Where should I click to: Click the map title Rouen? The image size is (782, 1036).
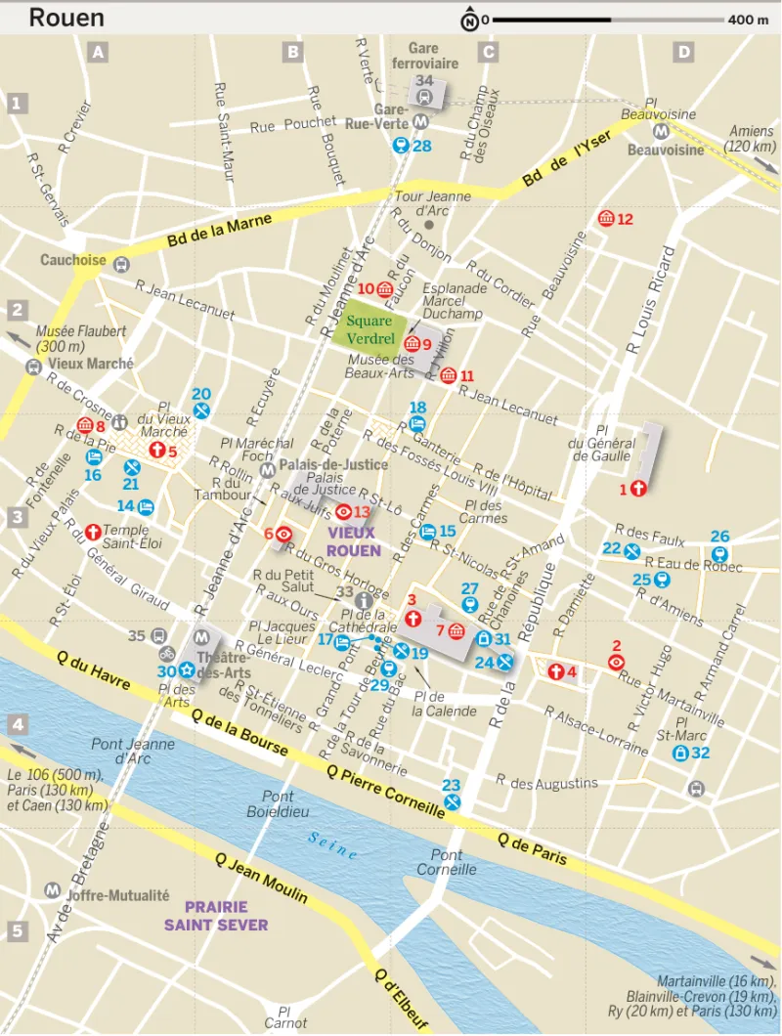pyautogui.click(x=66, y=18)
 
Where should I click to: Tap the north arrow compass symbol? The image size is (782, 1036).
pyautogui.click(x=469, y=19)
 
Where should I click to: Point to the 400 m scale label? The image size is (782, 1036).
pyautogui.click(x=748, y=20)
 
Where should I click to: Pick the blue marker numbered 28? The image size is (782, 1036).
pyautogui.click(x=400, y=146)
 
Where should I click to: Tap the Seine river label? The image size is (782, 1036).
pyautogui.click(x=332, y=845)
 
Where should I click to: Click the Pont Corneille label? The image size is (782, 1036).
pyautogui.click(x=447, y=862)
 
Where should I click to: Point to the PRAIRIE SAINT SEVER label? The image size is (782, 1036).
pyautogui.click(x=215, y=915)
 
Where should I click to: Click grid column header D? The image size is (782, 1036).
pyautogui.click(x=683, y=53)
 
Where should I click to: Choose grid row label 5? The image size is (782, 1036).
pyautogui.click(x=17, y=931)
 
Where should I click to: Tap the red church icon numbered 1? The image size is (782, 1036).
pyautogui.click(x=639, y=488)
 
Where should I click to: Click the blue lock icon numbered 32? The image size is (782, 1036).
pyautogui.click(x=679, y=754)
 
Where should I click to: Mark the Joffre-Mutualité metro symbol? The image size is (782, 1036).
pyautogui.click(x=52, y=890)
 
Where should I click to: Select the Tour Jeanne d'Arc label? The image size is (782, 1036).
pyautogui.click(x=432, y=202)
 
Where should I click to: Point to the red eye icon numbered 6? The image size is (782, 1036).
pyautogui.click(x=283, y=534)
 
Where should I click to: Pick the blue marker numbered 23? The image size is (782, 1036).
pyautogui.click(x=453, y=801)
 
